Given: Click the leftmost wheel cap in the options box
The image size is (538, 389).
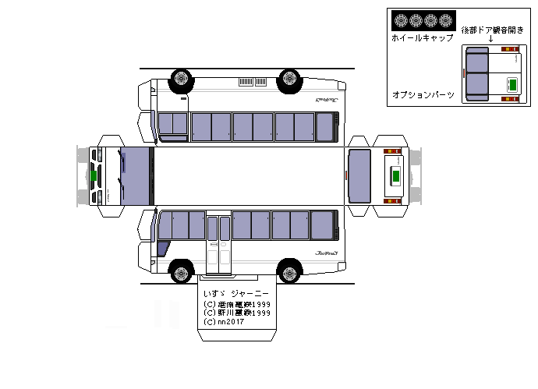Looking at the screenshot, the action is pos(400,21).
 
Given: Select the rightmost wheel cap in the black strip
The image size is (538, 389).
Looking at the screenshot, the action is pos(445,21).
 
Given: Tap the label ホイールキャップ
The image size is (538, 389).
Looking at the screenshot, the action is pos(422,37).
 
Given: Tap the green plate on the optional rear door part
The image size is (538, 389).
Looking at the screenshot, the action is pos(512,83).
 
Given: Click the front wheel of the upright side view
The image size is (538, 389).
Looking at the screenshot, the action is pos(181,274).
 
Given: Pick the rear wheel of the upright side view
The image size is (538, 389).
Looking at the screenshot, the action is pos(290,274).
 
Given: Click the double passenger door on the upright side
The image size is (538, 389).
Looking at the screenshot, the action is pos(219,241).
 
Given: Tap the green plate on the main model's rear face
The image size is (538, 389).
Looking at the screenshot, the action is pos(395,177).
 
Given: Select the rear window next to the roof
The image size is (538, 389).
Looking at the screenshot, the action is pos(359,176).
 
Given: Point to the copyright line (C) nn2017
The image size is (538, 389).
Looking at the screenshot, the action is pos(223,321).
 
